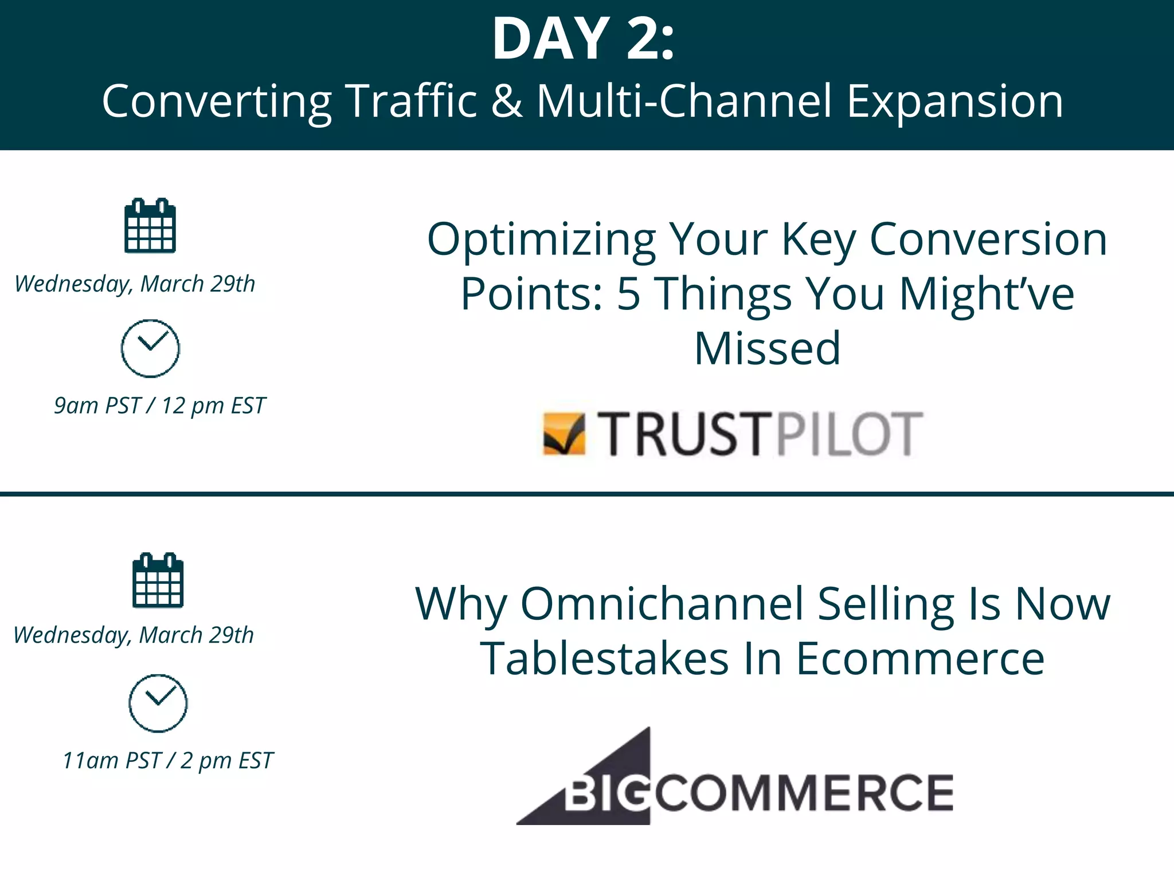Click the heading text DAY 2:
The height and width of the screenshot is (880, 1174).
pos(583,39)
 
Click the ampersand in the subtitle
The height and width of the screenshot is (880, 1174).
pos(507,101)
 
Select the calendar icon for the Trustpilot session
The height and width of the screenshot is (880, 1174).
pos(150,226)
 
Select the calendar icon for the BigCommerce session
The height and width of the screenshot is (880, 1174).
pos(158,580)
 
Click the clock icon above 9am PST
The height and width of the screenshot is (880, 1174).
pos(150,348)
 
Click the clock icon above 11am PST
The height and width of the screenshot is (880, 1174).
pos(158,703)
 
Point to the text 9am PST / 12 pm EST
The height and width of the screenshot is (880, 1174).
pos(159,406)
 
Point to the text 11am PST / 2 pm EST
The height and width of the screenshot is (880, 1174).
pos(167,761)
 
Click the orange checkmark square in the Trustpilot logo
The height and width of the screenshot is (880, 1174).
pos(564,434)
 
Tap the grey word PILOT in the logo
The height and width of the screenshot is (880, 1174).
pos(849,434)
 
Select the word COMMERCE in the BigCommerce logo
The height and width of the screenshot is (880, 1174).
pos(804,793)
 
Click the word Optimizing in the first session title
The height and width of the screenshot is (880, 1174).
pos(541,239)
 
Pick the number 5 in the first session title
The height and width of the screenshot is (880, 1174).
pos(628,294)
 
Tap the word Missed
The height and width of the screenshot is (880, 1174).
pos(767,348)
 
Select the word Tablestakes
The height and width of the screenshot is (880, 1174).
pos(604,659)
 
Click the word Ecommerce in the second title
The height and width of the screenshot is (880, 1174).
pos(920,659)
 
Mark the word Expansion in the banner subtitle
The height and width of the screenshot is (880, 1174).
pos(954,101)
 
